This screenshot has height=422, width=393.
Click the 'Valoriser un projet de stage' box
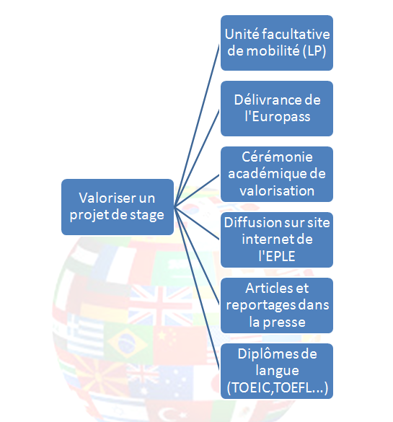(118, 207)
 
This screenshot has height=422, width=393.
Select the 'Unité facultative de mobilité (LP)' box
(277, 43)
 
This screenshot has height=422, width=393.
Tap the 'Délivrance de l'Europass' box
(277, 108)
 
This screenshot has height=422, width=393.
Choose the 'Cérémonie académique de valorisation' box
(277, 174)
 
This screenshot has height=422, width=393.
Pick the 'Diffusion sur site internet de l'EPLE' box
(277, 239)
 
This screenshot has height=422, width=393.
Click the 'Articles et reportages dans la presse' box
(277, 305)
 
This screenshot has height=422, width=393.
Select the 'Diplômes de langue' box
(277, 371)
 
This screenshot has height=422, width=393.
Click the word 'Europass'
(281, 118)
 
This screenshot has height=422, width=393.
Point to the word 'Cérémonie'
(277, 157)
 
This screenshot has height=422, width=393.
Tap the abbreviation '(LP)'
(314, 51)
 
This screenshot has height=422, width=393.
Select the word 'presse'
(284, 322)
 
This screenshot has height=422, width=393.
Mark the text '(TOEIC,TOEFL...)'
(278, 388)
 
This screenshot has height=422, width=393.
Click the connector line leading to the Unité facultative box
(197, 125)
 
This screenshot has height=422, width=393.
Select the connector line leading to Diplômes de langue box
(197, 289)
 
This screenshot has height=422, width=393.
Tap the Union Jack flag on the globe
(160, 305)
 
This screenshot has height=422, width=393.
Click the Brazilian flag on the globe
(127, 343)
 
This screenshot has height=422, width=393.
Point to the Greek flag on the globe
(86, 335)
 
